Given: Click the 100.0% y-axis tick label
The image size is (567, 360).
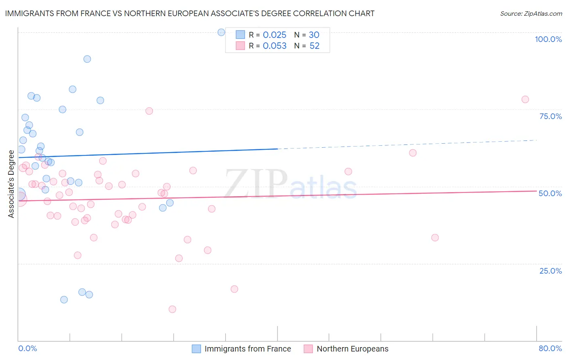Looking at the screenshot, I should coord(548,39).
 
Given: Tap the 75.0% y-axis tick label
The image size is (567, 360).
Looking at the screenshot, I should coord(550,116).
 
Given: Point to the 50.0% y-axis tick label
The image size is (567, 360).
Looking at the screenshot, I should coord(550,193).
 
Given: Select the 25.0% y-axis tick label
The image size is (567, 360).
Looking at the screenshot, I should coord(550,270).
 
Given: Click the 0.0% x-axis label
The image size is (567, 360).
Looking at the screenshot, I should coord(27,348).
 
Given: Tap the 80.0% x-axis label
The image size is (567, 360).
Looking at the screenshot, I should coord(550,348).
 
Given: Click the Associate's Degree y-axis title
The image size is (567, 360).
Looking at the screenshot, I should coord(11,184).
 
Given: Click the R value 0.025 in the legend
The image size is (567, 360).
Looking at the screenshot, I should coord(274,35).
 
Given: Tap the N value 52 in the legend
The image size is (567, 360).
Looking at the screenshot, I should coord(315,46).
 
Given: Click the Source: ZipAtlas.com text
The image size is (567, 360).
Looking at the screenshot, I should coord(531,14).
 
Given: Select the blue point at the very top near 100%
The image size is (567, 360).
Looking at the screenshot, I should coord(221,32).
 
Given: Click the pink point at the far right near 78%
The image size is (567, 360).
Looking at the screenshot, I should coord(525,99).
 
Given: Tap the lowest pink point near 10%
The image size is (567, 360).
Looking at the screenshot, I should coord(172,309).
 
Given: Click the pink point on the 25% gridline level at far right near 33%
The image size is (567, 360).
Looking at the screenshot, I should coord(435,238).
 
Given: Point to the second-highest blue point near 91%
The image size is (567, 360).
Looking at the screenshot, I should coord(87,59).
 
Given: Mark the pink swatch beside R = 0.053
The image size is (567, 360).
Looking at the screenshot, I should coord(240,46).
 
